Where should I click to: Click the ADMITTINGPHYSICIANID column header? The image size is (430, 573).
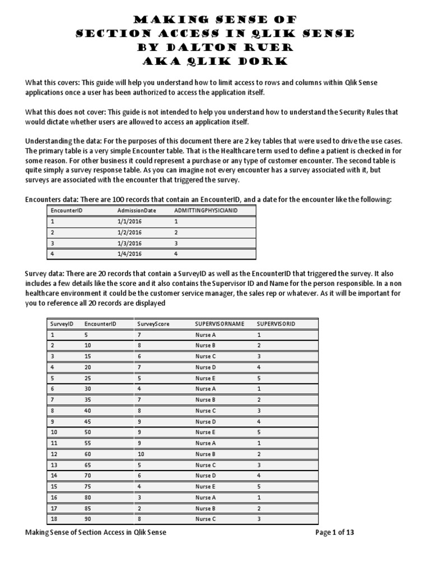point(202,210)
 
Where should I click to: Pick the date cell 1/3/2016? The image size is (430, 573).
point(130,243)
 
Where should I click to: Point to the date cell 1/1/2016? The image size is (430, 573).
point(130,221)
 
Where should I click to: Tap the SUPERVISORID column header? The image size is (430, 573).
point(275,324)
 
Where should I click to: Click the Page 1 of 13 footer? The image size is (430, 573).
point(334,532)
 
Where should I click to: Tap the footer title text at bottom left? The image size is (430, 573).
point(96,532)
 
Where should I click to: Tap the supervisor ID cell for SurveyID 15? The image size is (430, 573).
point(259,486)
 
